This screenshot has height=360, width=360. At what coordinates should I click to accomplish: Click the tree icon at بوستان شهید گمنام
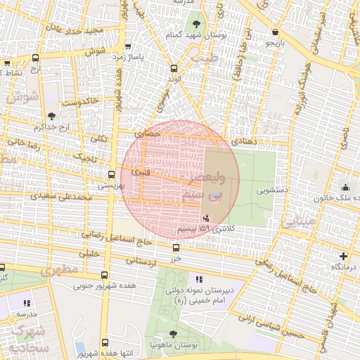[195, 25]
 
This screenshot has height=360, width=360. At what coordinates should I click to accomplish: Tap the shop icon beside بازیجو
[274, 32]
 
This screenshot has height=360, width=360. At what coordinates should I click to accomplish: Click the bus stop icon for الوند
[174, 68]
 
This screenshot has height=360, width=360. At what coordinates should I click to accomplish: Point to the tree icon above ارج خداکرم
[52, 116]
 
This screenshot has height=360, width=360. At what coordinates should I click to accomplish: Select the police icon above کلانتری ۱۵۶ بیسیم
[205, 219]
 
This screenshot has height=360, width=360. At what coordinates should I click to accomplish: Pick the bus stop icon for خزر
[176, 247]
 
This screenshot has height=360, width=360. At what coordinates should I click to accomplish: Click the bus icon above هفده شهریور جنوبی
[104, 276]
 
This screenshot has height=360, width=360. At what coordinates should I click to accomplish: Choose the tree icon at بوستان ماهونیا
[174, 334]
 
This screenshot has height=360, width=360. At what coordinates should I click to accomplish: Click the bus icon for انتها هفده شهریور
[104, 342]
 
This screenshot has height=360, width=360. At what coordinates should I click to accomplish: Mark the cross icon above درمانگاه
[343, 257]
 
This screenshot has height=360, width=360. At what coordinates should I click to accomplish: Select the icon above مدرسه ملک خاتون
[346, 187]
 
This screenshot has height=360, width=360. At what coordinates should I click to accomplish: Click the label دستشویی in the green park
[272, 190]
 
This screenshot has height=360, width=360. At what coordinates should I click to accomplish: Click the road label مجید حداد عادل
[75, 30]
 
